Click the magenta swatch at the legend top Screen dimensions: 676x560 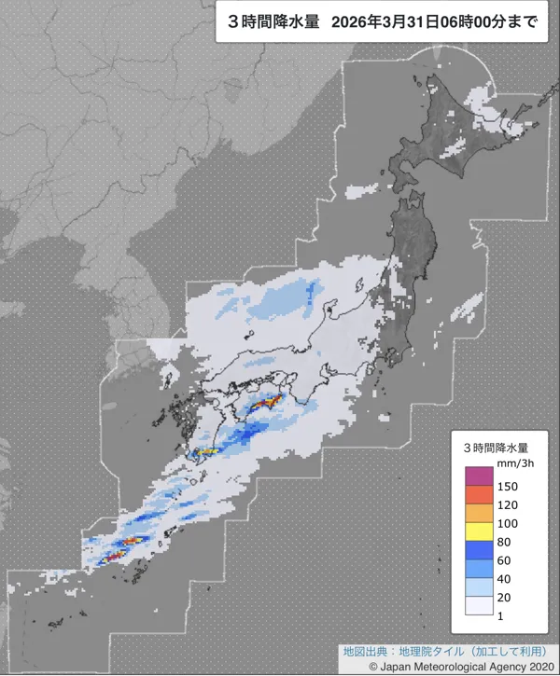(x=478, y=476)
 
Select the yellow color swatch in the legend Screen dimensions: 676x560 (x=478, y=531)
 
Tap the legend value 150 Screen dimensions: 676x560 (x=509, y=487)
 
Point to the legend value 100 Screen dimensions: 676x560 (x=509, y=523)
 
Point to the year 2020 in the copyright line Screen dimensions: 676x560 (x=535, y=666)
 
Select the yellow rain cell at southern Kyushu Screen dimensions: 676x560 (x=207, y=452)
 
